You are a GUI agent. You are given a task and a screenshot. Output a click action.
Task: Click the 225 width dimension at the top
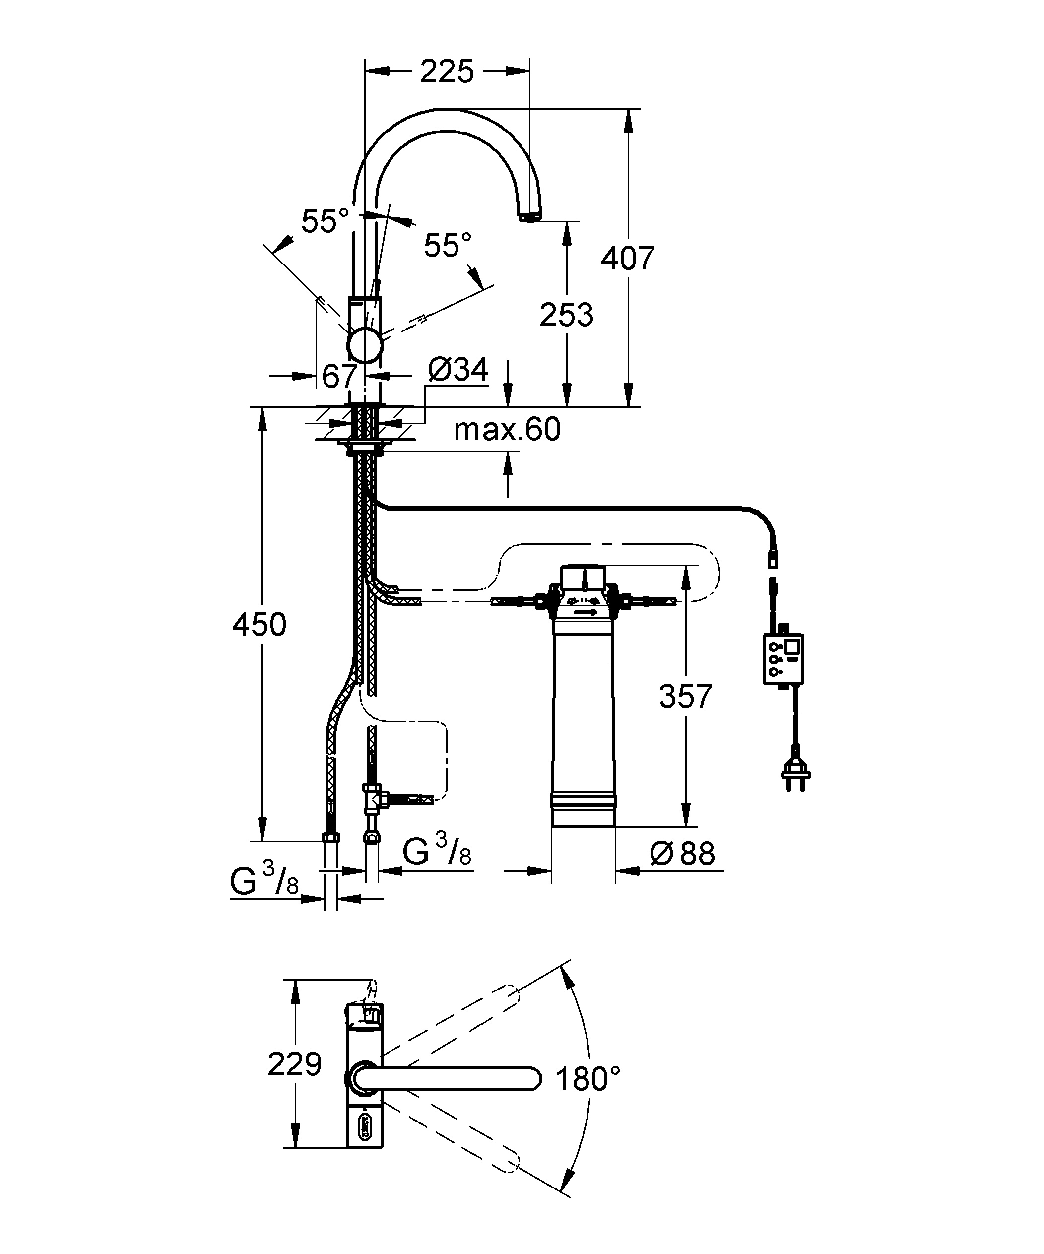[447, 71]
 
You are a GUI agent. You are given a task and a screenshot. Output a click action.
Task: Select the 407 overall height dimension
[628, 259]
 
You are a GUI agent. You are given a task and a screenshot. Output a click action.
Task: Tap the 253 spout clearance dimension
[566, 315]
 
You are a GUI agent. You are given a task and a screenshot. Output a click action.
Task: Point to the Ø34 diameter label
[458, 370]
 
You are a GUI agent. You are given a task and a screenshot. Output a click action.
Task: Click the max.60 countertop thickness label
[507, 430]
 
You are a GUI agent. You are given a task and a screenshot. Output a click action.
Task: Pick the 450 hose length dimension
[259, 625]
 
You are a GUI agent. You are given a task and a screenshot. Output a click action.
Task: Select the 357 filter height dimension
[686, 696]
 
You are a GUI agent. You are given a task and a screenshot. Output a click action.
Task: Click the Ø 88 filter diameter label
[683, 854]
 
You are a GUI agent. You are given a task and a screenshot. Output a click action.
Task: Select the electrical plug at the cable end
[795, 776]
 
